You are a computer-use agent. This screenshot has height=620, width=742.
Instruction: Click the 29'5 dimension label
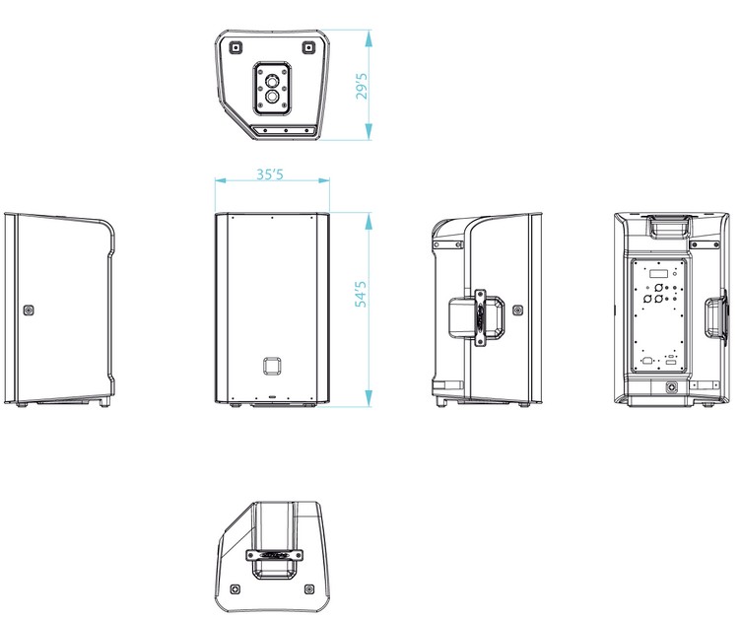(x=362, y=86)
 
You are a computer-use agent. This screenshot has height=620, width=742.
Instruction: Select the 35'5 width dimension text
(x=270, y=174)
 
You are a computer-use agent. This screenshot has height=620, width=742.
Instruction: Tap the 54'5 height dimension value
(x=361, y=294)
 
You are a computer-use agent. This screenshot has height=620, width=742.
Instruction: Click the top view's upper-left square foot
(x=236, y=47)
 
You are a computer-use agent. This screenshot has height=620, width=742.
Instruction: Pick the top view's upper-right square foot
(x=308, y=47)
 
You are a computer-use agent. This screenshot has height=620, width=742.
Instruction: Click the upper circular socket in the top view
(x=272, y=81)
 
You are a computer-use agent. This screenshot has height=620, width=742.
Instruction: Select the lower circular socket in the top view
(x=272, y=97)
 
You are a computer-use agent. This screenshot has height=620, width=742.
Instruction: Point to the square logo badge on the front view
(x=273, y=366)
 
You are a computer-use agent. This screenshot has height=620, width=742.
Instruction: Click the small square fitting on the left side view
(x=30, y=310)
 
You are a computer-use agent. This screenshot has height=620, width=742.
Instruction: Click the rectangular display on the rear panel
(x=658, y=274)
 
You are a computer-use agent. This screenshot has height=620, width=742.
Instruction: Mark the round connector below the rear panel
(x=670, y=387)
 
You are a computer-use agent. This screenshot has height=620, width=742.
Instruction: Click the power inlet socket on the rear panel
(x=646, y=361)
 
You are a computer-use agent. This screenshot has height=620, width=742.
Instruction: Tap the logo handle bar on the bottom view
(x=274, y=555)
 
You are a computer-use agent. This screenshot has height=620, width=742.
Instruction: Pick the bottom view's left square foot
(x=236, y=589)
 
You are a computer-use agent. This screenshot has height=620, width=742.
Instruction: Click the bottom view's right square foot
(x=309, y=589)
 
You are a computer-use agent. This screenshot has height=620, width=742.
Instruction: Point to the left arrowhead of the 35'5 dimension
(x=220, y=180)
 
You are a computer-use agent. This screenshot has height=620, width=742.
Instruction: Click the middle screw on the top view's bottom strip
(x=286, y=131)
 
